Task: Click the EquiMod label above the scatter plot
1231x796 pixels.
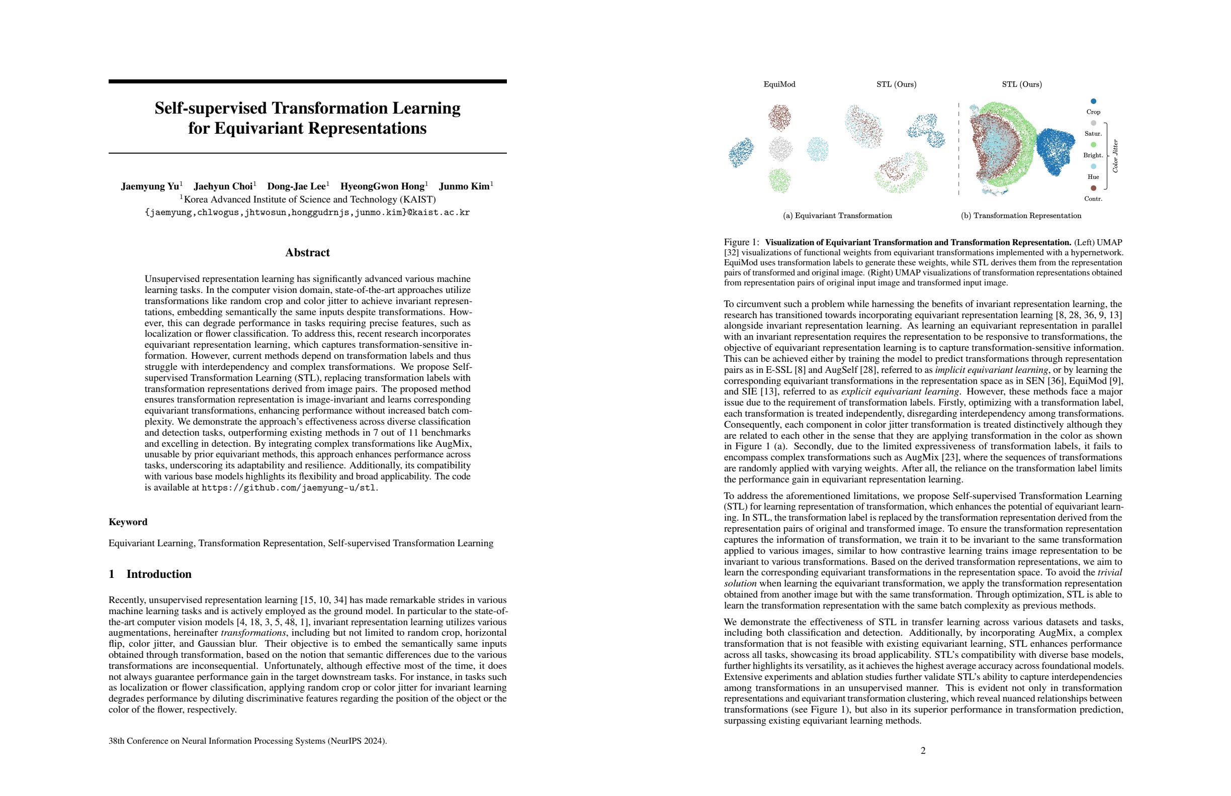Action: pos(779,84)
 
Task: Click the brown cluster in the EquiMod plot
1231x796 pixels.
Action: pos(779,117)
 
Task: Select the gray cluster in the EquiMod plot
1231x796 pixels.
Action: pos(780,149)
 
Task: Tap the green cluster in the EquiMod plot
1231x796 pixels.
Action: pos(779,180)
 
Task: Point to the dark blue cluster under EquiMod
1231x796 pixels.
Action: pos(741,152)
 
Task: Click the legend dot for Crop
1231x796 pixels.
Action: pos(1093,102)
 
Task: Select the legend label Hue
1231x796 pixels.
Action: pos(1093,177)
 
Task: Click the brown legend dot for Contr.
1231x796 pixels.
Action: pos(1093,188)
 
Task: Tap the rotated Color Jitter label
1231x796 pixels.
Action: pos(1115,156)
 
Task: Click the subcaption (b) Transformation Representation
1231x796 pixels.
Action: pos(1020,216)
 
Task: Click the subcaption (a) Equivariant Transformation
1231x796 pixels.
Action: pos(837,216)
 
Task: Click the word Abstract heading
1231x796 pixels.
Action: pos(307,253)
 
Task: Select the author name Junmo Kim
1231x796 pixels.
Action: pos(464,186)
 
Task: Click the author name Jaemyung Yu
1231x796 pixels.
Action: pos(150,186)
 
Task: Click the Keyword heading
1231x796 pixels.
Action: pos(128,522)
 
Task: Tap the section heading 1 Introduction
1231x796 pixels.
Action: pos(150,574)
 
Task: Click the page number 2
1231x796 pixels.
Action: pos(923,750)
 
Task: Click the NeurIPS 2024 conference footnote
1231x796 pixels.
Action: pos(248,741)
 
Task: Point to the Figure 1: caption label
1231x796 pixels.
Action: pos(742,242)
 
